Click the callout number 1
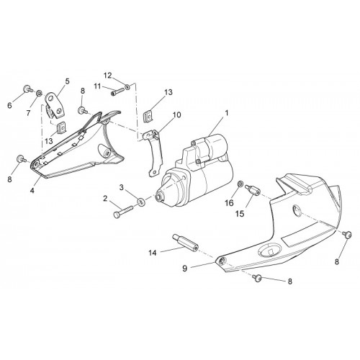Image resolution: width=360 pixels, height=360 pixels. (x=226, y=113)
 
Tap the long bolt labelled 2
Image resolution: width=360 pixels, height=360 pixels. (x=123, y=211)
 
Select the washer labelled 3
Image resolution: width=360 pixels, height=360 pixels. (x=141, y=202)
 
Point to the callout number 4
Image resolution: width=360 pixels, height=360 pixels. (x=32, y=191)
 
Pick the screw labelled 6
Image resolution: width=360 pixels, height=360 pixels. (x=27, y=89)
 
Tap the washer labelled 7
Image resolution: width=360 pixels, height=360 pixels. (x=39, y=93)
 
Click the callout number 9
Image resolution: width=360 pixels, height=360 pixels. (x=184, y=268)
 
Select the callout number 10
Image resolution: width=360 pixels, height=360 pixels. (x=176, y=115)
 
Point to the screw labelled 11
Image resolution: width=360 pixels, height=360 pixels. (x=117, y=92)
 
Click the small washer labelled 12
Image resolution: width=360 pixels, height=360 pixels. (x=127, y=86)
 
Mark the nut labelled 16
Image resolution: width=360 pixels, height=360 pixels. (x=240, y=184)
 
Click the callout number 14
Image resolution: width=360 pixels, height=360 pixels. (x=153, y=253)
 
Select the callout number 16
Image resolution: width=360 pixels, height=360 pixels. (x=229, y=203)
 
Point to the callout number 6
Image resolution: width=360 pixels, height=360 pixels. (x=9, y=105)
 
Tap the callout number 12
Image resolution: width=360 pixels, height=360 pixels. (x=107, y=76)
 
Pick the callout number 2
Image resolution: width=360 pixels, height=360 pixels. (x=105, y=199)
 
